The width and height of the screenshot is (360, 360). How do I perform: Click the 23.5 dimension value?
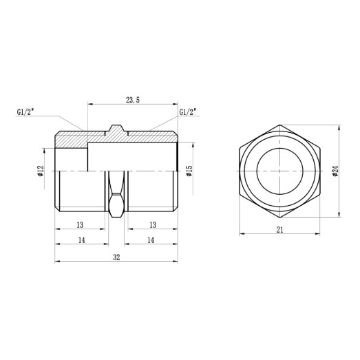[x=133, y=100]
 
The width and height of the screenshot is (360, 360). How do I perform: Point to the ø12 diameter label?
[x=41, y=170]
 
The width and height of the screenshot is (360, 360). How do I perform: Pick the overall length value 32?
[x=116, y=257]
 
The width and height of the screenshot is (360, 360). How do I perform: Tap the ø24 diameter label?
[x=335, y=170]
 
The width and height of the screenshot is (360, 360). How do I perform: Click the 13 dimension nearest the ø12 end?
[x=80, y=224]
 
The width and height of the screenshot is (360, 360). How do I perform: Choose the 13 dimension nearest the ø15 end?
[x=151, y=224]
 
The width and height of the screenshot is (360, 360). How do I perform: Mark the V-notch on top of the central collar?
[x=116, y=127]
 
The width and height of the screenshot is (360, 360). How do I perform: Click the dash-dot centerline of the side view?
[x=138, y=171]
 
